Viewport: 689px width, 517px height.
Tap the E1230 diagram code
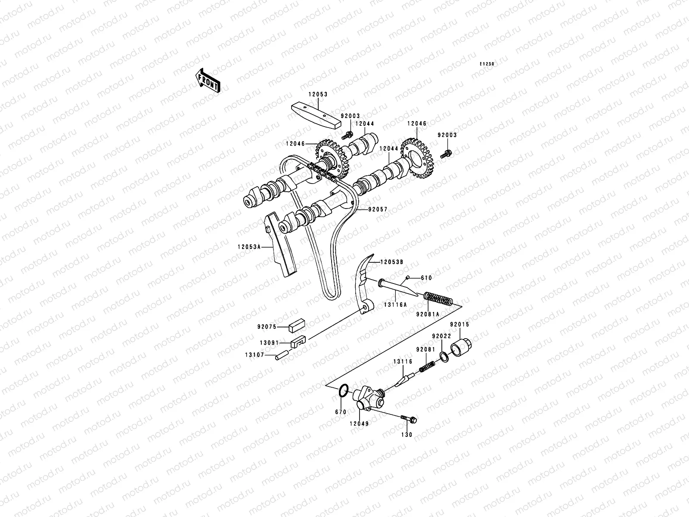point(488,64)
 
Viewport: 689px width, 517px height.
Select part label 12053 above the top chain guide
point(317,94)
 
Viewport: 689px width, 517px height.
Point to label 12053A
point(248,247)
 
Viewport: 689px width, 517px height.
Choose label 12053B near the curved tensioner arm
point(391,262)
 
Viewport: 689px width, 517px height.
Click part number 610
point(426,278)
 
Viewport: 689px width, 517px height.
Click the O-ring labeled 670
point(343,391)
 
